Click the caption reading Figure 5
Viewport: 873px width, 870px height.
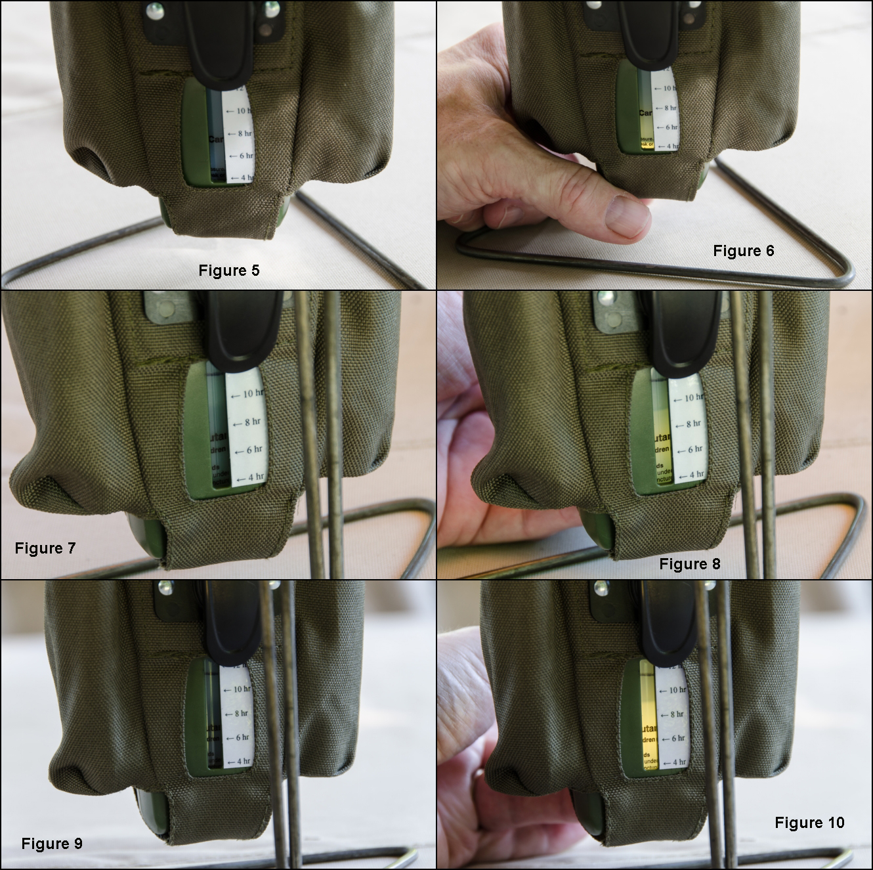pos(229,271)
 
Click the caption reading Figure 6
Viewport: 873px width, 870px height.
pos(743,251)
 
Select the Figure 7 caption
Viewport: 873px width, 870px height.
pos(45,548)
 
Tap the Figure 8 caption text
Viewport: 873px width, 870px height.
pos(689,564)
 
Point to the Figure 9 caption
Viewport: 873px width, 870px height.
pos(52,844)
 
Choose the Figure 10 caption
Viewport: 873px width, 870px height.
pos(809,823)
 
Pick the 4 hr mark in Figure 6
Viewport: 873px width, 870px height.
pos(667,146)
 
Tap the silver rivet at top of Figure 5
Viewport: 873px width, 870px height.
pos(156,9)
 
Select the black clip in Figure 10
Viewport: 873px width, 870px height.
pos(671,624)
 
